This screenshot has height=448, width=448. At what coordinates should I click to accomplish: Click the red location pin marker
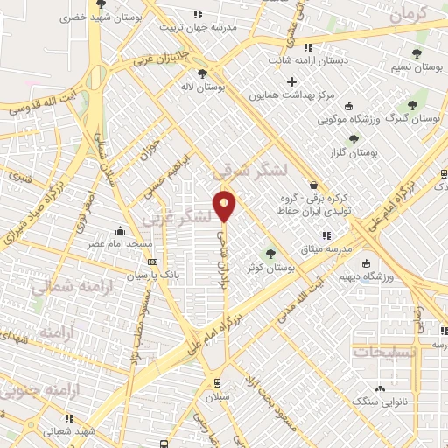click(x=225, y=206)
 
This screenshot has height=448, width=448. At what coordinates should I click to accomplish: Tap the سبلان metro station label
click(x=217, y=397)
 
